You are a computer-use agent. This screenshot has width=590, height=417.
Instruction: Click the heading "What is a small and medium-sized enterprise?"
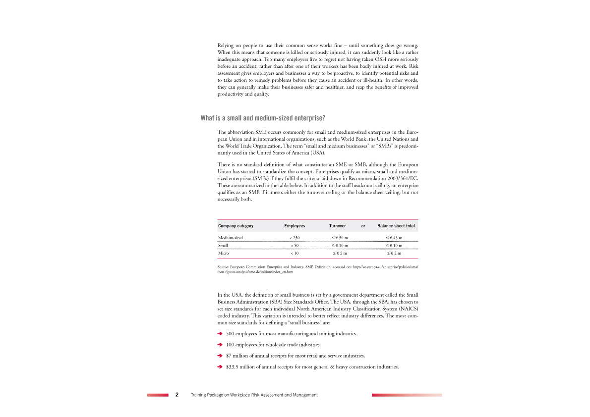[x=263, y=118]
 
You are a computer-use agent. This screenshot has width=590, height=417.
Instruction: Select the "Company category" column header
[x=236, y=226]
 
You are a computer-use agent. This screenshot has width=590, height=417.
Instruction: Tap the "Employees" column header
[x=295, y=226]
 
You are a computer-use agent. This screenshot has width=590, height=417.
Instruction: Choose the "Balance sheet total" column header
[x=396, y=226]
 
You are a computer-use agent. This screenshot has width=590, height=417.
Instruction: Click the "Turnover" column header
[x=337, y=226]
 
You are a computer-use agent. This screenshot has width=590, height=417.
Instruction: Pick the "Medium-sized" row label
[x=231, y=238]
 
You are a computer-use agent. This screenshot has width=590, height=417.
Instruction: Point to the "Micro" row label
[x=224, y=253]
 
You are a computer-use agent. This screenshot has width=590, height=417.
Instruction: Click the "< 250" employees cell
[x=295, y=238]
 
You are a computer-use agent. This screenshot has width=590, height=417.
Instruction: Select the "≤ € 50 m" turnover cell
[x=340, y=238]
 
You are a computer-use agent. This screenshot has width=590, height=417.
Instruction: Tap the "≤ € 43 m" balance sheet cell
[x=394, y=238]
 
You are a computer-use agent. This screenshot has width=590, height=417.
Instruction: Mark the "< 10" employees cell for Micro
[x=295, y=253]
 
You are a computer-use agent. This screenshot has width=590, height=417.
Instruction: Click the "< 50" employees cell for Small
[x=295, y=246]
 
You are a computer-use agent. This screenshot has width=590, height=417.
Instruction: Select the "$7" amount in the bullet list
[x=229, y=356]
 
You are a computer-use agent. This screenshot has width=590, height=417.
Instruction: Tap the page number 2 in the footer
[x=177, y=395]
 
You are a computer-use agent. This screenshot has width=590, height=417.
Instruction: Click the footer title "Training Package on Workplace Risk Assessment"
[x=254, y=395]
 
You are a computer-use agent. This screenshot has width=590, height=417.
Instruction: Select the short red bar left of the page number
[x=158, y=395]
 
